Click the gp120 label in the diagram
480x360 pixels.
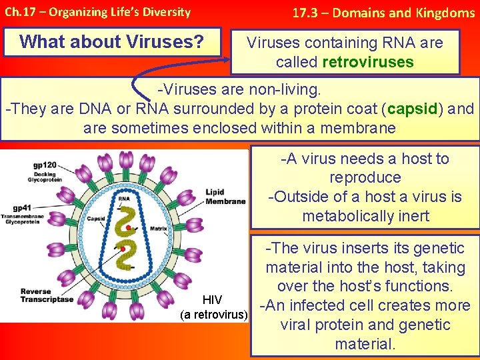(x=45, y=165)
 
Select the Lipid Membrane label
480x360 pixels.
(x=225, y=197)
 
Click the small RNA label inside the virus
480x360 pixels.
(x=124, y=198)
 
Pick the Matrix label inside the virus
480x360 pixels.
(x=158, y=228)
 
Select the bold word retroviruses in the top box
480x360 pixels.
(x=367, y=63)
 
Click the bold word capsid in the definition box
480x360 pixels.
(x=413, y=109)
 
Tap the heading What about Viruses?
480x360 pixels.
(x=112, y=41)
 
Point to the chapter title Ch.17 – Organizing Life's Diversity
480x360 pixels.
(x=97, y=12)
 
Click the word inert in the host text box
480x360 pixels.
(x=413, y=216)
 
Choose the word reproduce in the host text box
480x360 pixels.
(x=365, y=178)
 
